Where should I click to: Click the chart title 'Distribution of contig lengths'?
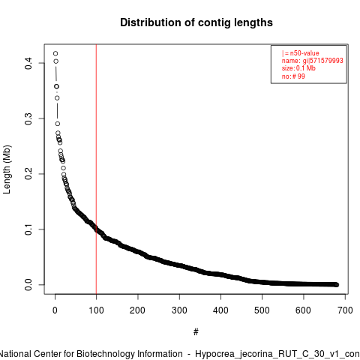tap(196, 22)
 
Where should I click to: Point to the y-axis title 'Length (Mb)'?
tap(7, 169)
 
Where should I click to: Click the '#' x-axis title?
tap(196, 332)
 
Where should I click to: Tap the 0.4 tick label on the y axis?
tap(28, 63)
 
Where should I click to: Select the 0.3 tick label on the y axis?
tap(28, 118)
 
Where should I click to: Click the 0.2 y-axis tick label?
tap(28, 174)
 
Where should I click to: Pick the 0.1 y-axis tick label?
tap(28, 229)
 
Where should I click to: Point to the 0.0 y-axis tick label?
tap(28, 285)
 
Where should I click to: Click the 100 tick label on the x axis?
tap(96, 310)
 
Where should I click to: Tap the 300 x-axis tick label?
tap(179, 310)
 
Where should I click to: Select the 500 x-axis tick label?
tap(262, 310)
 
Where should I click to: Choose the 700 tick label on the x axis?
tap(345, 310)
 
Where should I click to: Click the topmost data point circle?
tap(55, 53)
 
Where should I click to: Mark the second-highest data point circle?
tap(56, 61)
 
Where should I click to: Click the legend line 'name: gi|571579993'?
tap(312, 61)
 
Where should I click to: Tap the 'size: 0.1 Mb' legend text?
tap(298, 68)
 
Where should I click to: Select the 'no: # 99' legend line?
tap(293, 76)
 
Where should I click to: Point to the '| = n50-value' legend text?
tap(300, 53)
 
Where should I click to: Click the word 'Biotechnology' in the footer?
tap(129, 354)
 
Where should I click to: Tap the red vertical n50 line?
tap(96, 169)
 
